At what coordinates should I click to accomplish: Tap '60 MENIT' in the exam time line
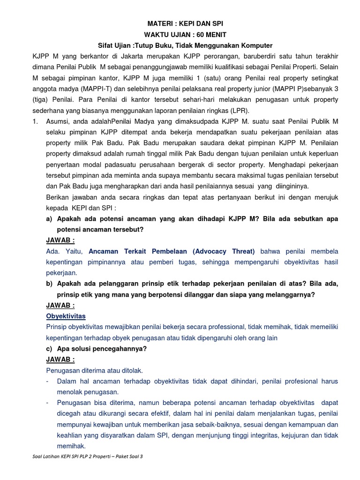(x=207, y=35)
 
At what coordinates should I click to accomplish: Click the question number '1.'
(x=35, y=121)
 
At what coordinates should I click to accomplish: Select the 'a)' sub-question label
(x=49, y=219)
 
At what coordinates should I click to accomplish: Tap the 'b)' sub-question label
(x=49, y=284)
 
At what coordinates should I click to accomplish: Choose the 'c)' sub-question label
(x=49, y=348)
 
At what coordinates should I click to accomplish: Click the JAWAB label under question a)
(x=60, y=240)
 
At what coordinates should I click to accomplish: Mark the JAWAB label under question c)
(x=60, y=359)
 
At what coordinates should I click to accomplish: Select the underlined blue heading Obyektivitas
(x=66, y=316)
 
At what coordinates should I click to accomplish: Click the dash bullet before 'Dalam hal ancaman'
(x=48, y=381)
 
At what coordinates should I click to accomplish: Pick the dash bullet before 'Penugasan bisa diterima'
(x=48, y=403)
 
